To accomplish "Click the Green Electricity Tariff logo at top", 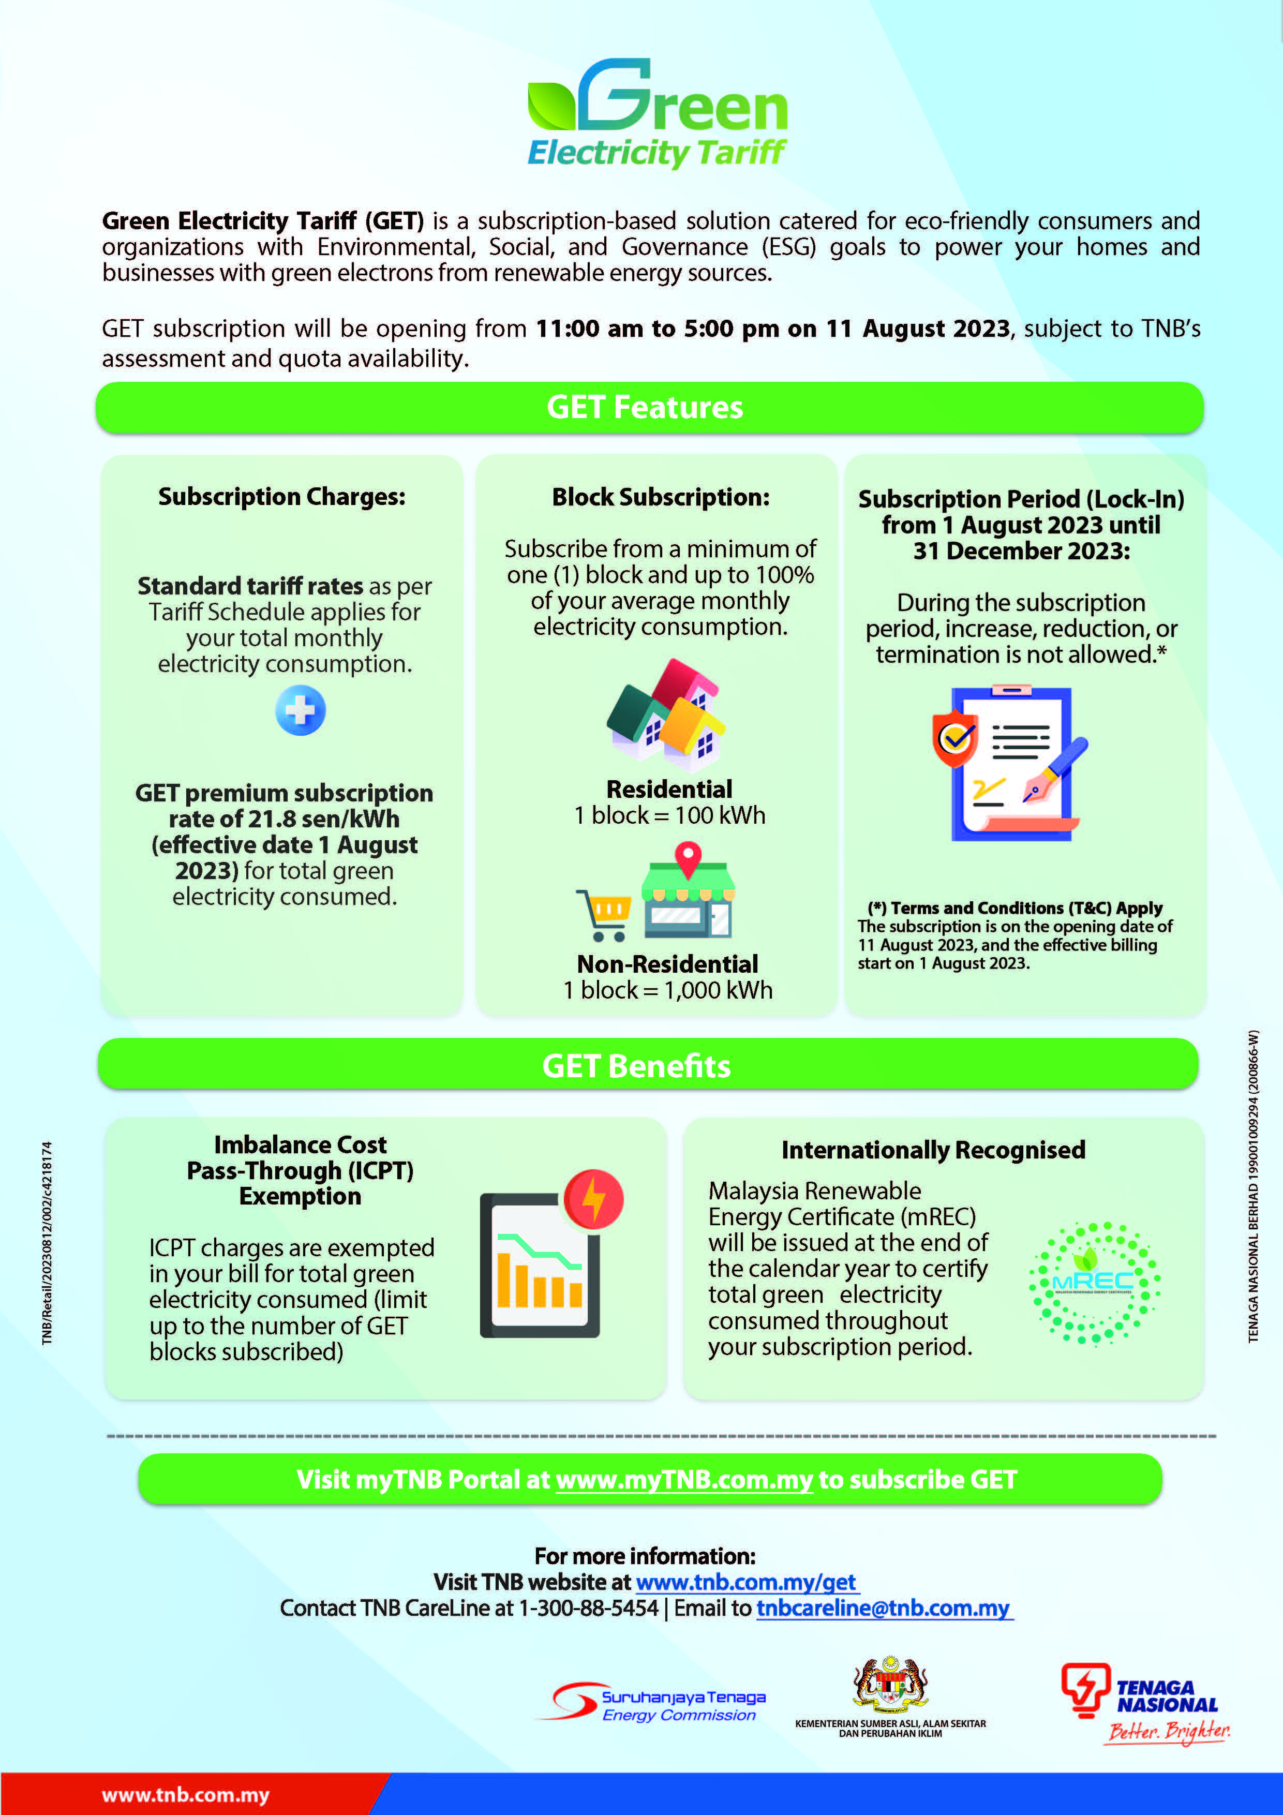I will [657, 112].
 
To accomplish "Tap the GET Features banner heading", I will [645, 408].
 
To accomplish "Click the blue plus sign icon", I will [301, 710].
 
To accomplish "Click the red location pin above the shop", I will [688, 858].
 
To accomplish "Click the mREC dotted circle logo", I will [1095, 1282].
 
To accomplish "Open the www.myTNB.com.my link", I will [684, 1480].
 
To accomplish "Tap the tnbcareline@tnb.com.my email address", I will [883, 1608].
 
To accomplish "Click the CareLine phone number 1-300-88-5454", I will [588, 1608].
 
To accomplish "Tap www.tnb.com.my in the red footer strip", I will [186, 1795].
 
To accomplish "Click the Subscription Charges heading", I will [282, 497].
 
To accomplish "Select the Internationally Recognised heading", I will [934, 1150].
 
